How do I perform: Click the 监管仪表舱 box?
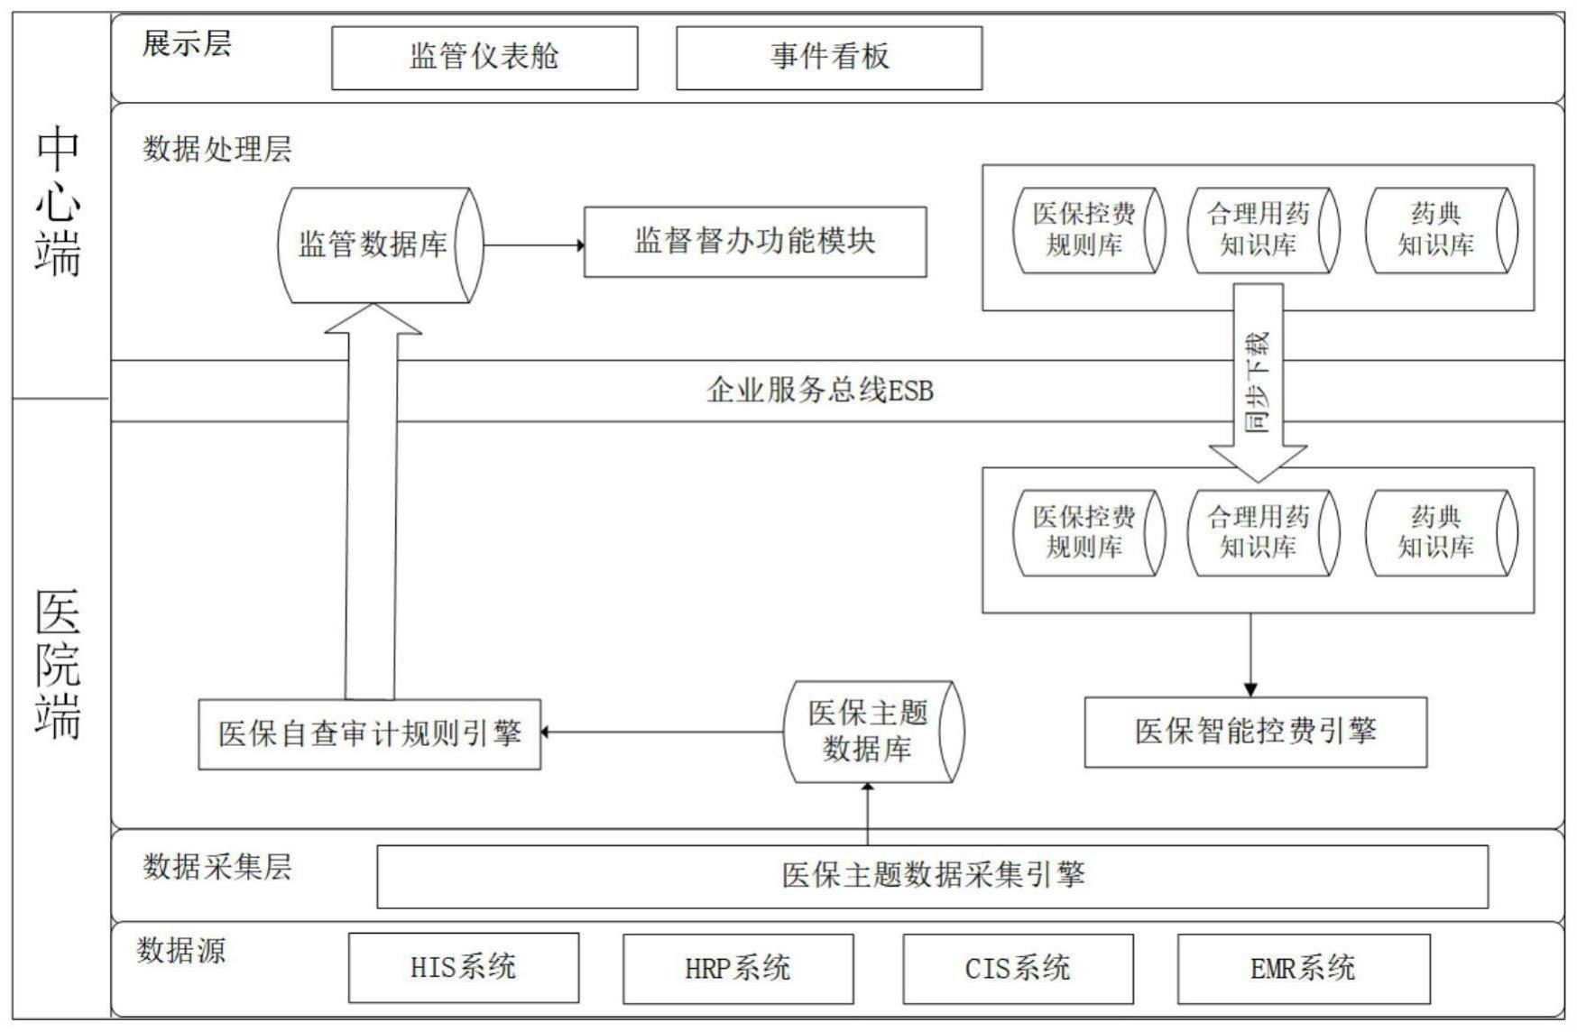(x=484, y=58)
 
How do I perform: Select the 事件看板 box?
(x=829, y=58)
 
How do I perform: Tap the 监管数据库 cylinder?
(x=373, y=244)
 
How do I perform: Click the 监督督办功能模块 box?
(x=755, y=242)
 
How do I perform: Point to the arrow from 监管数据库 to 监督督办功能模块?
(x=533, y=244)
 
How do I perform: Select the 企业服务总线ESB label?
(x=819, y=391)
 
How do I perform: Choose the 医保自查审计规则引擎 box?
(x=369, y=733)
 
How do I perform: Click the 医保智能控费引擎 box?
(x=1255, y=732)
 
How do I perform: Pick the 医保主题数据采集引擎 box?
(x=932, y=875)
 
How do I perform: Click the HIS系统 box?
(x=463, y=968)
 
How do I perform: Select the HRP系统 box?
(x=737, y=968)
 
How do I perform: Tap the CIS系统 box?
(x=1017, y=968)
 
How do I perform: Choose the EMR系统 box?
(x=1302, y=968)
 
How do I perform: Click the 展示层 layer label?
(x=187, y=43)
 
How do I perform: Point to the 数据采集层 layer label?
(x=217, y=867)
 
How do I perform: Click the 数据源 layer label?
(x=181, y=950)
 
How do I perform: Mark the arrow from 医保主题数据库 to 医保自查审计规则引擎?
(x=663, y=732)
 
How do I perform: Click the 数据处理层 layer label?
(x=217, y=149)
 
